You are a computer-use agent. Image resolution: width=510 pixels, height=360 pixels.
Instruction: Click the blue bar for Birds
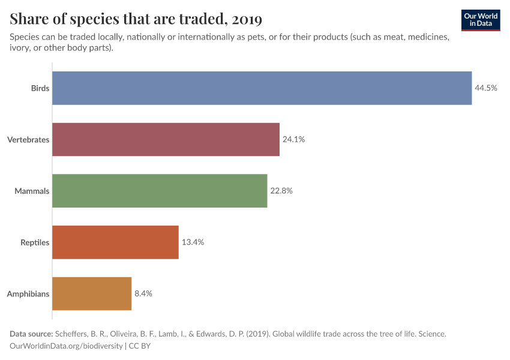pos(262,88)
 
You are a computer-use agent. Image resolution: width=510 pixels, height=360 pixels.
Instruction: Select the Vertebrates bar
pos(166,139)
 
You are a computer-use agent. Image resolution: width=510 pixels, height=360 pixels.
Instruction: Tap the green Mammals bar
pos(160,191)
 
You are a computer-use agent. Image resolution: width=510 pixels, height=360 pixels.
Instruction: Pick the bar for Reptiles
pos(115,242)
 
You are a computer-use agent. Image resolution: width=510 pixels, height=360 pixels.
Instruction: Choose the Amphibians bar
pos(92,293)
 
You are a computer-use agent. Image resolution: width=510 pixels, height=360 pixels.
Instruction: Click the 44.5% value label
pos(486,88)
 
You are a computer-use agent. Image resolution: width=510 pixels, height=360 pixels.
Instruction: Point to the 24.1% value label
pos(294,139)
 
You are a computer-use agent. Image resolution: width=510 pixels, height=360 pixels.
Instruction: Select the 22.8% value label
pos(281,191)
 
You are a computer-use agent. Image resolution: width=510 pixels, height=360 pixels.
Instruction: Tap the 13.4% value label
pos(193,242)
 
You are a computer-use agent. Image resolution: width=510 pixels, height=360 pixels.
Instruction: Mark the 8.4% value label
pos(143,293)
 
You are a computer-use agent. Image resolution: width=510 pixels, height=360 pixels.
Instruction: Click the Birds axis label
pos(40,88)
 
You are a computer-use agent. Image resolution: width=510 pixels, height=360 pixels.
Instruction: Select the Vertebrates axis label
pos(28,140)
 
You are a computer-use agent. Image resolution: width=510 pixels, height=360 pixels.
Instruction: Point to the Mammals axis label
pos(32,191)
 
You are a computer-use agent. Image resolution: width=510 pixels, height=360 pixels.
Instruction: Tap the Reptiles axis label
pos(34,242)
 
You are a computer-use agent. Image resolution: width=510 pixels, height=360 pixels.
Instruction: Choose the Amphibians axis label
pos(28,294)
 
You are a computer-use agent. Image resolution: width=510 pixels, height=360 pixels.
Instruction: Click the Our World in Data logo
pos(480,20)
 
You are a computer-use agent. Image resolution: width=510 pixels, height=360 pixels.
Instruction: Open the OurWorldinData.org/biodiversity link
pos(66,346)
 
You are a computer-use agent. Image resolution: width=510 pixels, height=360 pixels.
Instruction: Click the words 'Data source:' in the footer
pos(31,334)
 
